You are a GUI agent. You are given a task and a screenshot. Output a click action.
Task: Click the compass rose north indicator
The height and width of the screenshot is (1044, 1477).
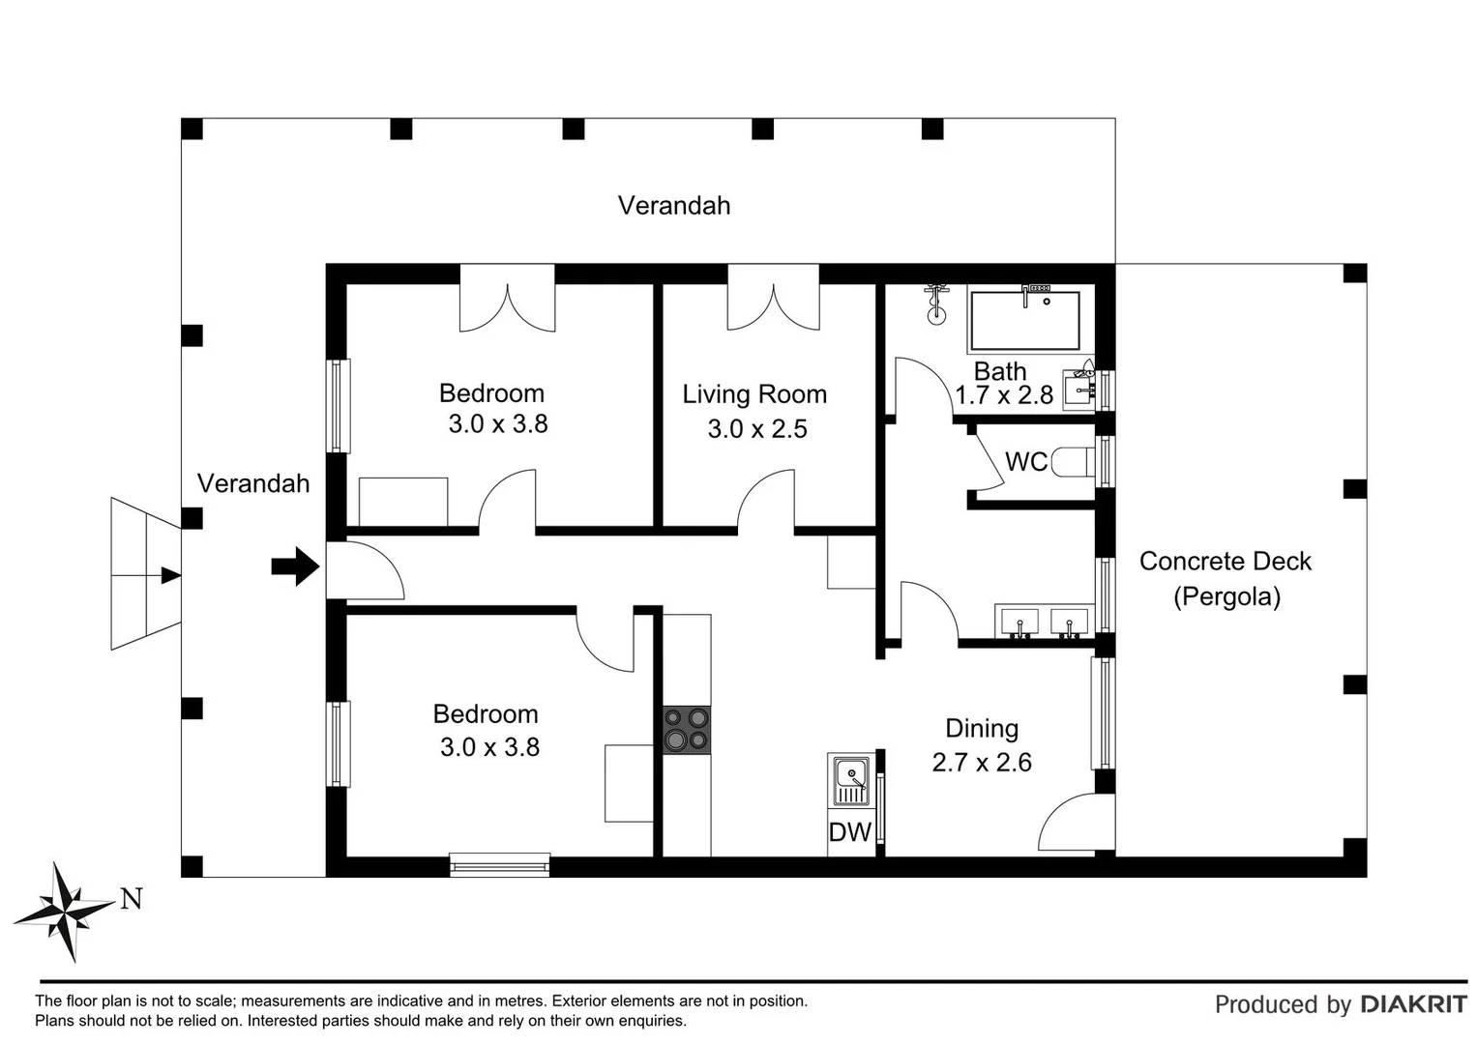point(66,910)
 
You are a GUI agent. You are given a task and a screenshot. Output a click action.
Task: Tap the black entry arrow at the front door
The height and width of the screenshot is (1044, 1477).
point(295,566)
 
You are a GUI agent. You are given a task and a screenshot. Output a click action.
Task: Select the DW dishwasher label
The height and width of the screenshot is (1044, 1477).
point(850,832)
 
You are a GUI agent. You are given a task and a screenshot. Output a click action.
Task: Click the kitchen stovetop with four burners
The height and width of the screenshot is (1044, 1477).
point(686,730)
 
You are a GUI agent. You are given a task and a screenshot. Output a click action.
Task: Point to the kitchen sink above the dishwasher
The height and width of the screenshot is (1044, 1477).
point(851,779)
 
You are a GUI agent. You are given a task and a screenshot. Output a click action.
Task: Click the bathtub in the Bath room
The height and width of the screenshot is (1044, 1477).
point(1024,320)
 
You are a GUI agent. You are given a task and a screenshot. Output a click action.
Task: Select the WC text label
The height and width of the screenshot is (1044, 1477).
point(1025,462)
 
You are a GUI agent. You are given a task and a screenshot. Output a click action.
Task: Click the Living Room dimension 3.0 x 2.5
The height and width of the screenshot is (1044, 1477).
point(756,429)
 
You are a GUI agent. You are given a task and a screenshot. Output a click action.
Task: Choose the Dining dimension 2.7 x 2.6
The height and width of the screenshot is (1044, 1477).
point(981,763)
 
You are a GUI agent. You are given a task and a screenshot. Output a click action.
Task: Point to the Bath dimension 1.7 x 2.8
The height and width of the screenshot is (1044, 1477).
point(1003,395)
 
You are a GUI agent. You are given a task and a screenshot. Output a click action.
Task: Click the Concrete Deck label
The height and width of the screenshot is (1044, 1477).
point(1225,562)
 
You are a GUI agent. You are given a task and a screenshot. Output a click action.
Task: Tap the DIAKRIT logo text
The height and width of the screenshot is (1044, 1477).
point(1413,1004)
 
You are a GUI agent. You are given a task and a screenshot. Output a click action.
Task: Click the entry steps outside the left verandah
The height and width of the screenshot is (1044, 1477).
point(145,574)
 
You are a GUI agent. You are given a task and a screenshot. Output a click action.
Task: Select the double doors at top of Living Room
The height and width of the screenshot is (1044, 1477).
point(773,300)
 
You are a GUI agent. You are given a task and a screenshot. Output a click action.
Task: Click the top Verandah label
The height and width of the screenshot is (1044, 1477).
point(674,206)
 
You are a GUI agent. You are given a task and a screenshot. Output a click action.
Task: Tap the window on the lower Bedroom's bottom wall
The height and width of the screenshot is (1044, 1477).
point(500,864)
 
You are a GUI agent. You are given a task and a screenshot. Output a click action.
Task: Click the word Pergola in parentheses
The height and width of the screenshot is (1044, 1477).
point(1226,596)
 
